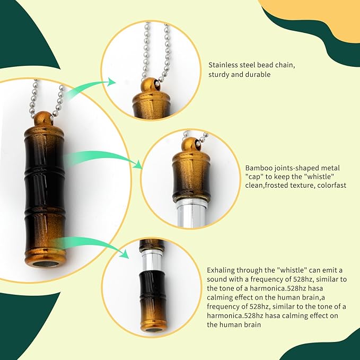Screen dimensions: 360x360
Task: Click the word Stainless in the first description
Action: coord(223,65)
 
